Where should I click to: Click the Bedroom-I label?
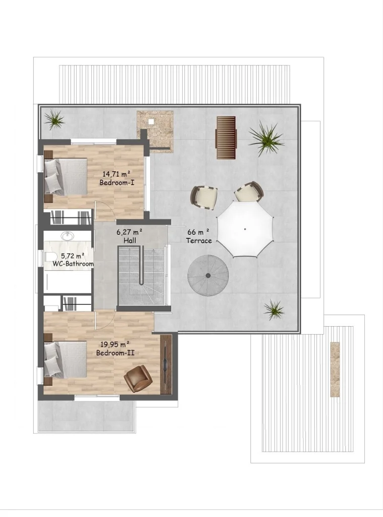(117, 182)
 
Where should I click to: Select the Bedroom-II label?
(115, 353)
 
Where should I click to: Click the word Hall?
(130, 241)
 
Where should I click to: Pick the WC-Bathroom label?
(73, 264)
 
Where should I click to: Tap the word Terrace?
(199, 241)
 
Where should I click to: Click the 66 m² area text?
(198, 232)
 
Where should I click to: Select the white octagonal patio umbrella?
(245, 229)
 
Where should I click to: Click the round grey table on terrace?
(208, 275)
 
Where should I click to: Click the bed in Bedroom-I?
(66, 176)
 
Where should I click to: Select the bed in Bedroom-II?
(66, 359)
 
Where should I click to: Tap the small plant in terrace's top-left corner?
(54, 120)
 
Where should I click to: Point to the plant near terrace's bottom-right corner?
(274, 309)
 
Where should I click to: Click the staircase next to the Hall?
(142, 276)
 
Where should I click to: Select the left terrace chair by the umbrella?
(204, 196)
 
